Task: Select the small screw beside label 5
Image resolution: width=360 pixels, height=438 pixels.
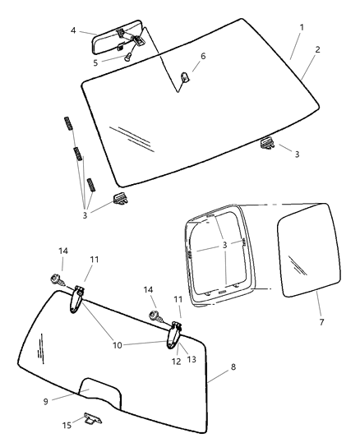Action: (128, 57)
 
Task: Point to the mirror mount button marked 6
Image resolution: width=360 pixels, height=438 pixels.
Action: (185, 78)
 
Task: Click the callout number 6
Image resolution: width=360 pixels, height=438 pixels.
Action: (203, 56)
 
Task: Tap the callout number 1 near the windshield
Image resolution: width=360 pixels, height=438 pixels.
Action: (301, 28)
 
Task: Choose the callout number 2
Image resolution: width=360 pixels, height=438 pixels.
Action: (317, 49)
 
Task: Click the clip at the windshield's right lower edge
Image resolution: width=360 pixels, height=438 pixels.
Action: (266, 144)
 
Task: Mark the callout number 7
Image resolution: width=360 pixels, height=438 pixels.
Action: (318, 321)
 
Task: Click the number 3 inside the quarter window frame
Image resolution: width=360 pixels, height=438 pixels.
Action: (224, 245)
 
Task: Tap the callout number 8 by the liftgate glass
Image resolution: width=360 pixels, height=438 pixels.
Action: (233, 367)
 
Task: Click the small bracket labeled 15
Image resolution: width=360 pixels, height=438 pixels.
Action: (92, 419)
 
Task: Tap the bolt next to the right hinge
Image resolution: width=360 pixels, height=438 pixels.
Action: (153, 316)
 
